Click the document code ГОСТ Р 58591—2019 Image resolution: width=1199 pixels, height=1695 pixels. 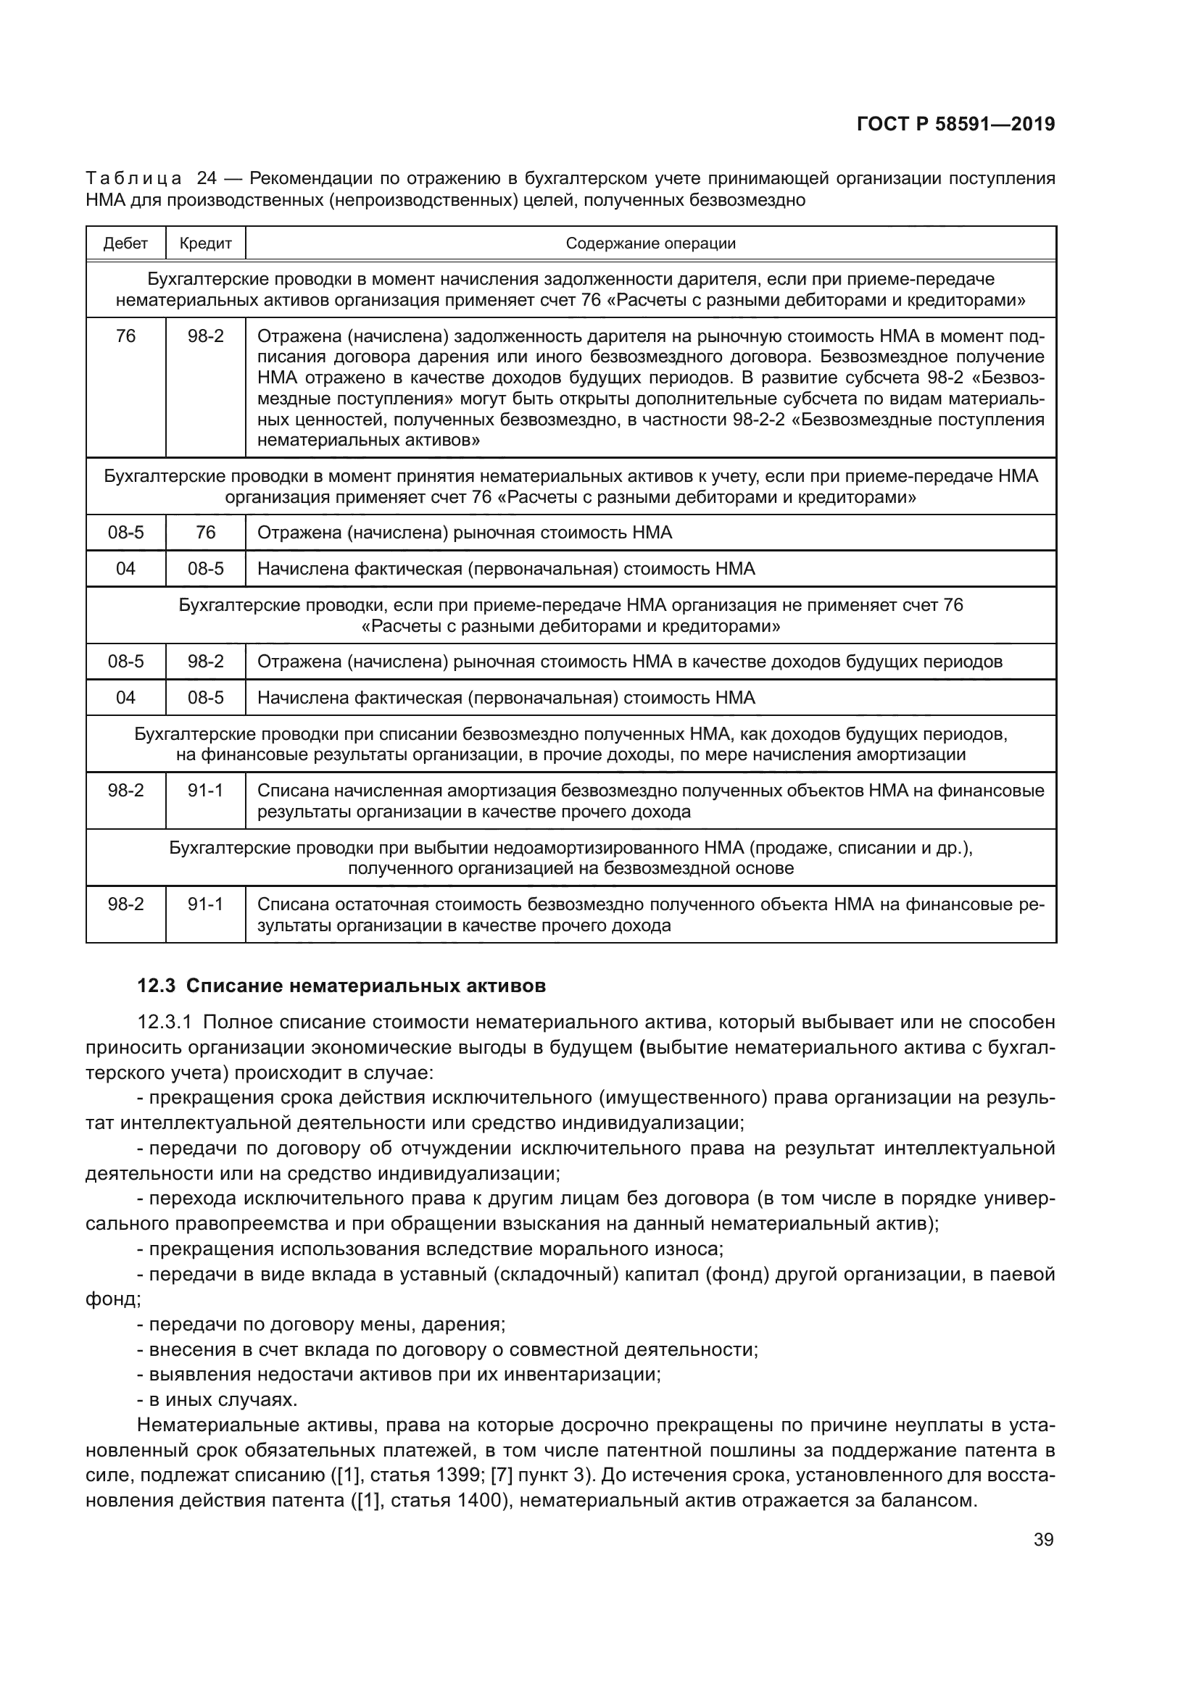(955, 124)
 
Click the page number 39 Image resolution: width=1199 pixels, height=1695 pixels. (1043, 1539)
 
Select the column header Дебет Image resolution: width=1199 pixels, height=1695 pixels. (125, 243)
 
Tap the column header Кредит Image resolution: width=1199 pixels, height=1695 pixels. (205, 243)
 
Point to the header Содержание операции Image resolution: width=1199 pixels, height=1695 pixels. (650, 243)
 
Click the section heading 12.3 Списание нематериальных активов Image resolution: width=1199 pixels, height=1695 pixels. (342, 986)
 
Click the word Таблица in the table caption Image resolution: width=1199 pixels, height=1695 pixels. (133, 179)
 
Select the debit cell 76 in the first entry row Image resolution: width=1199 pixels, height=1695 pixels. (125, 337)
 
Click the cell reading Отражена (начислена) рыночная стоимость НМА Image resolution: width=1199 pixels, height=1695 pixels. (465, 533)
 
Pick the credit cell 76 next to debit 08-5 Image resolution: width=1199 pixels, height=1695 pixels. (205, 533)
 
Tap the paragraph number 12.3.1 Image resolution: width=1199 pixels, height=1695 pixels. (165, 1023)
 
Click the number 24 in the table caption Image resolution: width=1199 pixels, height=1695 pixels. (207, 179)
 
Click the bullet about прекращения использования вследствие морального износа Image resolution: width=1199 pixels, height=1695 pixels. (430, 1249)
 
